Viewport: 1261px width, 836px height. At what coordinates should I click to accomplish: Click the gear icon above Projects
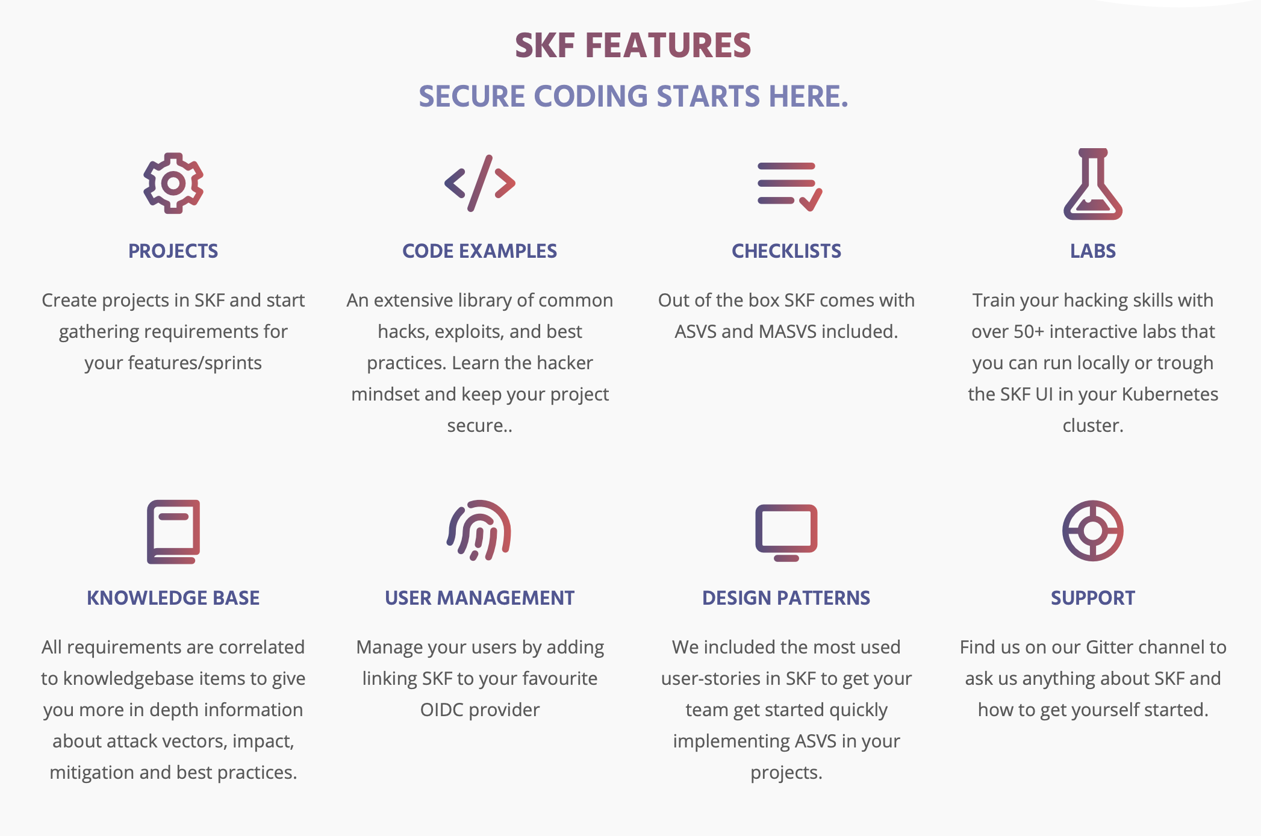(173, 183)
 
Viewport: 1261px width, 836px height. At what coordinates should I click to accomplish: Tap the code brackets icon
(480, 183)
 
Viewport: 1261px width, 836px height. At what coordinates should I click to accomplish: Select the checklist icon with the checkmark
(789, 186)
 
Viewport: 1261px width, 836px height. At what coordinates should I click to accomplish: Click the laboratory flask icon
(1092, 184)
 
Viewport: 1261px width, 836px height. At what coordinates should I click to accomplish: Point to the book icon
(173, 531)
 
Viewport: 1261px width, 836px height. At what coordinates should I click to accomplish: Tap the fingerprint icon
(479, 530)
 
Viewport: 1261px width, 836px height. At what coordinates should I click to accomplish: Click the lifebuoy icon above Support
(1092, 531)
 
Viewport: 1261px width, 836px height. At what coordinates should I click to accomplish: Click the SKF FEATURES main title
(633, 46)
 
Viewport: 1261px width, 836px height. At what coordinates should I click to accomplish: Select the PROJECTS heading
(173, 251)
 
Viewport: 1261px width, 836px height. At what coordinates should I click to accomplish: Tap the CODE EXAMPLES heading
(480, 251)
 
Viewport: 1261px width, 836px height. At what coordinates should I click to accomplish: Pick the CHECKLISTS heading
(786, 251)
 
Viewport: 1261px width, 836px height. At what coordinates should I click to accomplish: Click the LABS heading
(1092, 251)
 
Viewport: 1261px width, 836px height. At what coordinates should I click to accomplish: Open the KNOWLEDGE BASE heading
(173, 598)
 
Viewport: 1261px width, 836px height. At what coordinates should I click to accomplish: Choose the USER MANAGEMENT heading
(480, 598)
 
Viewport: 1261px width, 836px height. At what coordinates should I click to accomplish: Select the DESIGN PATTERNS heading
(786, 598)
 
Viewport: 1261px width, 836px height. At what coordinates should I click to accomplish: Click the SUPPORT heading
(1092, 598)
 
